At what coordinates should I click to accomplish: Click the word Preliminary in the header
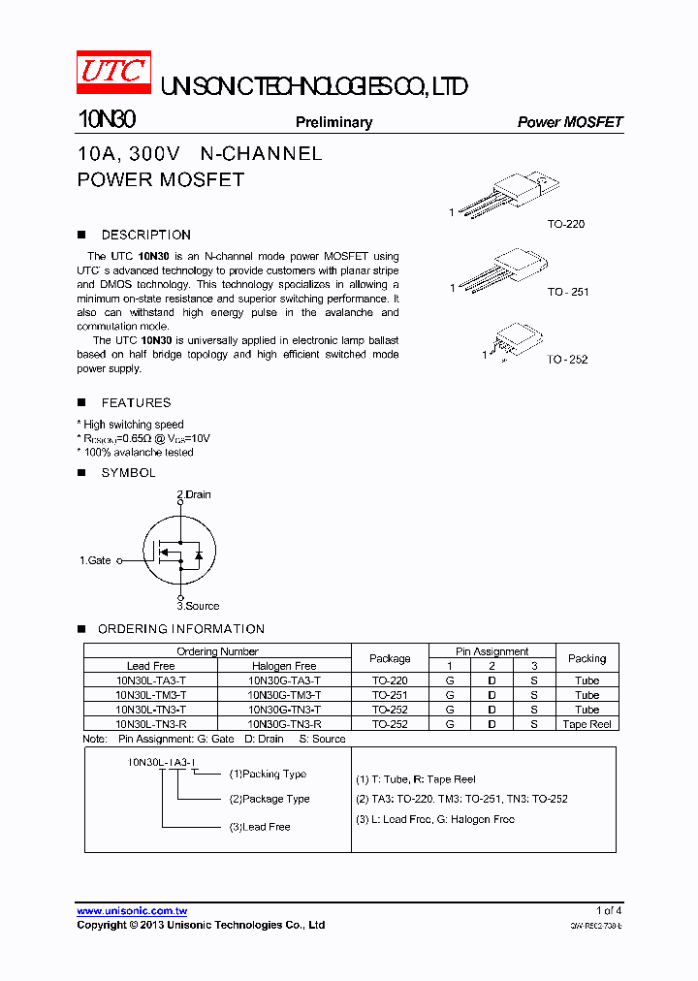point(333,122)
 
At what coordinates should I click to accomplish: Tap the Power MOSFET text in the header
point(570,122)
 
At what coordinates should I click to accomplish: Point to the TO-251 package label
point(567,292)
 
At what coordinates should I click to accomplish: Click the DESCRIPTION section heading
point(145,235)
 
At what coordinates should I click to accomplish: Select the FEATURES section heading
point(136,402)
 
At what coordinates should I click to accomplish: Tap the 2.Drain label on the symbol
point(194,494)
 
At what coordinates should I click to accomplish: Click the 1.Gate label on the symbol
point(95,560)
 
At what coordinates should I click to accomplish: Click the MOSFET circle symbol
point(178,550)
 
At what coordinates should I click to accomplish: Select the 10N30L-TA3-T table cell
point(150,680)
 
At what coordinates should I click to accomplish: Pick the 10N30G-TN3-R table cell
point(284,724)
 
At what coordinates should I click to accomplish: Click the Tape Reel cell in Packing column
point(587,724)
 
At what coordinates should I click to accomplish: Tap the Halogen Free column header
point(284,666)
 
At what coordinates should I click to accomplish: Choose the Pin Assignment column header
point(492,651)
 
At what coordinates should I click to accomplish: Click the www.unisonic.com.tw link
point(132,911)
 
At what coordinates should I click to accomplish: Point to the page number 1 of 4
point(609,910)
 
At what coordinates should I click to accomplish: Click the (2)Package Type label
point(270,799)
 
